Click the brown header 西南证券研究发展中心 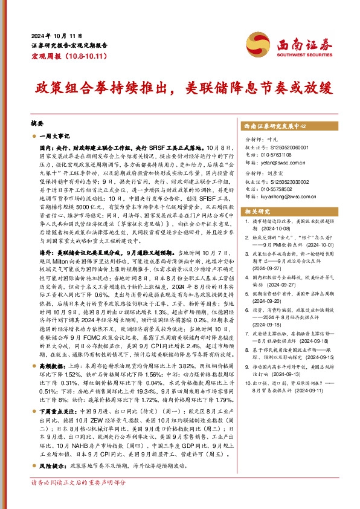pyautogui.click(x=275, y=127)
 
